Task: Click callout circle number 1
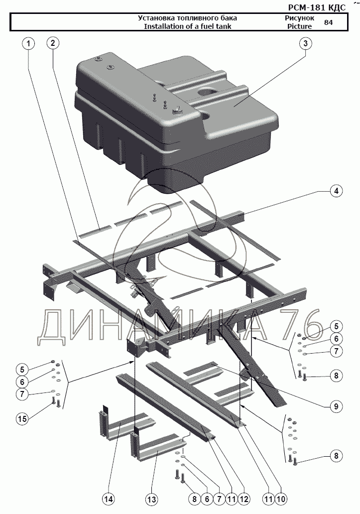click(28, 43)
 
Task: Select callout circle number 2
click(52, 43)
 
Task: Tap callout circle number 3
click(305, 43)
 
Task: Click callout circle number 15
click(22, 419)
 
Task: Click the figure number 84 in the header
click(328, 22)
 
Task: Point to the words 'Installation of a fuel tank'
click(188, 26)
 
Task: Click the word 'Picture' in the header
click(299, 26)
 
